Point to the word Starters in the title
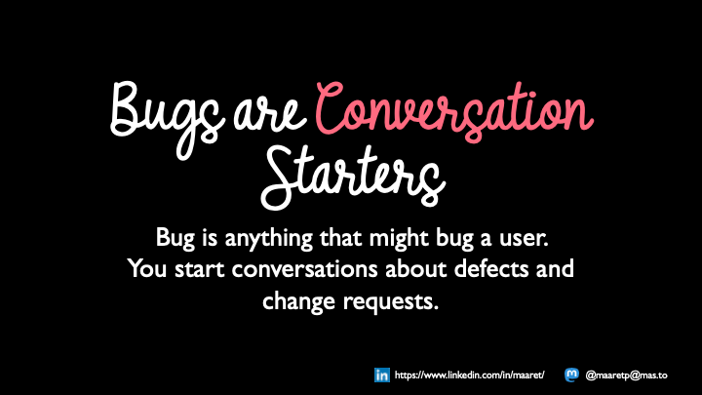[x=351, y=177]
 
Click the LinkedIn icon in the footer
[x=382, y=375]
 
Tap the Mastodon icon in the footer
[x=569, y=375]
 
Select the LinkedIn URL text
[x=474, y=375]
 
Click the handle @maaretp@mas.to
[x=632, y=375]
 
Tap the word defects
[x=479, y=268]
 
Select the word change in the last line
[x=296, y=300]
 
